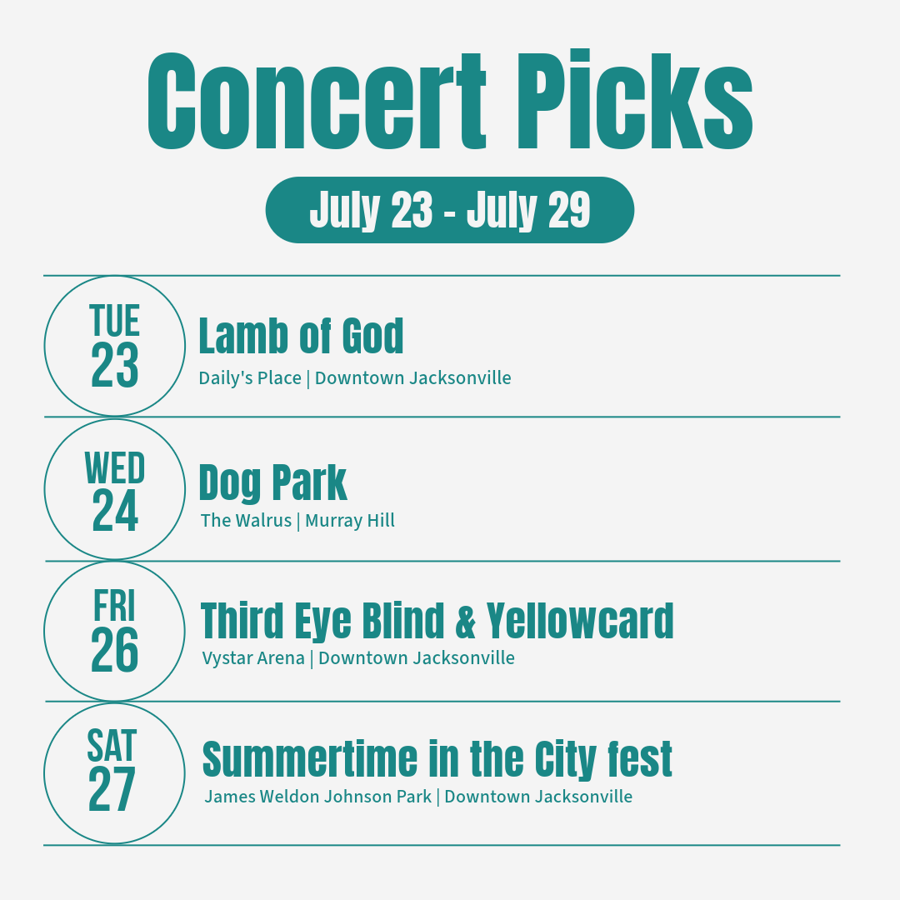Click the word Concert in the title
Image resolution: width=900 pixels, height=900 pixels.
[317, 101]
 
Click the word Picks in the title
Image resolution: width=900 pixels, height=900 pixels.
[635, 100]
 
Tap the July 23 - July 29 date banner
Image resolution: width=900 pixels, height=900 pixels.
[449, 210]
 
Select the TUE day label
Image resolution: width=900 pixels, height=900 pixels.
[115, 320]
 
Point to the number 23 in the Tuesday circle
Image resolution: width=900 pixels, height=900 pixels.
[115, 365]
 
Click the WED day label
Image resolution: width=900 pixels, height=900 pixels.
[115, 467]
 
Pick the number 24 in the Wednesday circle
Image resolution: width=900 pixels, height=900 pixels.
[115, 511]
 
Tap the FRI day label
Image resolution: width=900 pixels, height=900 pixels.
[115, 606]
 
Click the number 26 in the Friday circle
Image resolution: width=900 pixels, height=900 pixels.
[115, 650]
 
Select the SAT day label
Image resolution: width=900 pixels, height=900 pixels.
[112, 745]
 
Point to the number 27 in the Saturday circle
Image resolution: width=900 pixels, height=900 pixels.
[112, 789]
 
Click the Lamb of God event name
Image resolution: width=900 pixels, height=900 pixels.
[301, 336]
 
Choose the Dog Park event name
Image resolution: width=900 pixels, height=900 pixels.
[272, 483]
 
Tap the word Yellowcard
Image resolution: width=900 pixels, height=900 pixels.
[580, 621]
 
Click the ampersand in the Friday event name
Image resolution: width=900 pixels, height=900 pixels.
[466, 621]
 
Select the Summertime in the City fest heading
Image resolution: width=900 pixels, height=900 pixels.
[437, 759]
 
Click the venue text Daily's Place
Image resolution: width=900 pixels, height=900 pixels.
[250, 378]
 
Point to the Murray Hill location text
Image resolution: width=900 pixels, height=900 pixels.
[349, 520]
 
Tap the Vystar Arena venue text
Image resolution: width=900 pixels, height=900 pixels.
[253, 657]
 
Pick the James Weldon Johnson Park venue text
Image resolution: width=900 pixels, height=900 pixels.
[318, 797]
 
